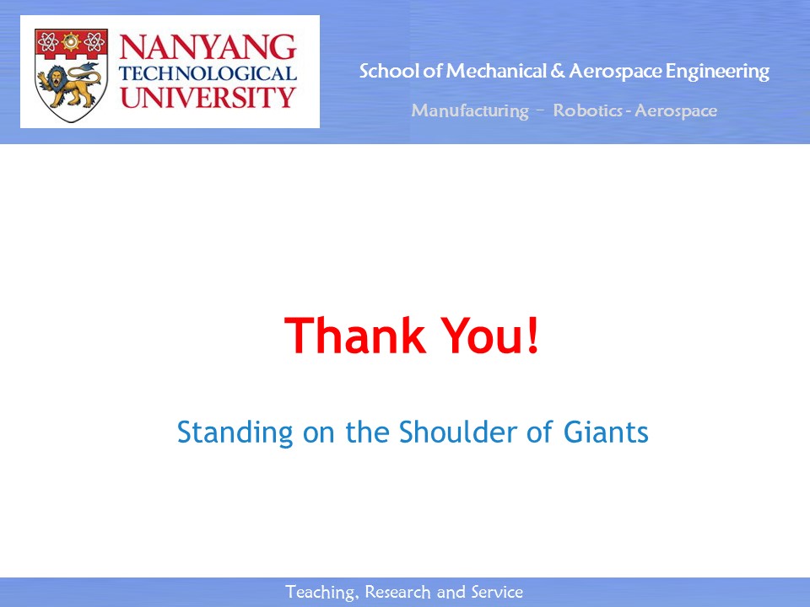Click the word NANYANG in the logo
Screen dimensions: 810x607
pyautogui.click(x=208, y=47)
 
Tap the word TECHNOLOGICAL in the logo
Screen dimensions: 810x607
pyautogui.click(x=208, y=73)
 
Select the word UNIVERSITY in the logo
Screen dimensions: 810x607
pyautogui.click(x=208, y=97)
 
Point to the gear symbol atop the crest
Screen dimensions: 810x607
pyautogui.click(x=71, y=41)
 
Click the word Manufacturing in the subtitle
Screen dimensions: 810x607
pyautogui.click(x=470, y=111)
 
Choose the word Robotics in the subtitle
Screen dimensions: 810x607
pyautogui.click(x=587, y=110)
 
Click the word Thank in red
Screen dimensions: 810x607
pyautogui.click(x=354, y=336)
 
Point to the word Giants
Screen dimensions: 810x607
pyautogui.click(x=606, y=432)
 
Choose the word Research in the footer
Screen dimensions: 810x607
pyautogui.click(x=397, y=592)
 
